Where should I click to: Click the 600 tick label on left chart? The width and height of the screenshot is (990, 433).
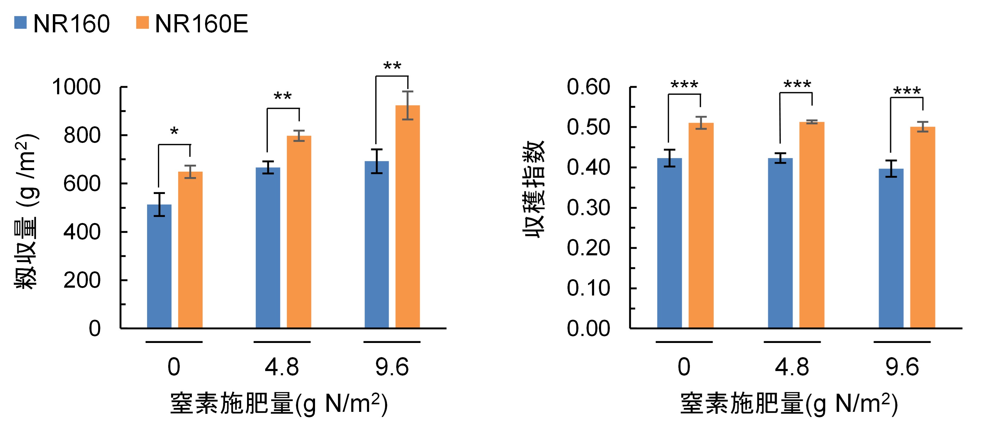82,184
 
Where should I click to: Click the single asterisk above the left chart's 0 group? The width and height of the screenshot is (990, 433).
174,132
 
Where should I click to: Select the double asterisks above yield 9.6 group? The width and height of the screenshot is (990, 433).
392,66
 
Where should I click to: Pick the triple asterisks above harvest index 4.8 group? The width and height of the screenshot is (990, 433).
797,85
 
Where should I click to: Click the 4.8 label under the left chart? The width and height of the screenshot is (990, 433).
282,367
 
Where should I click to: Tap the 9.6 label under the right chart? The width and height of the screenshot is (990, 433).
902,367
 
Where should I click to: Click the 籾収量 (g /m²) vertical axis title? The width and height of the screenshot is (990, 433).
26,212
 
